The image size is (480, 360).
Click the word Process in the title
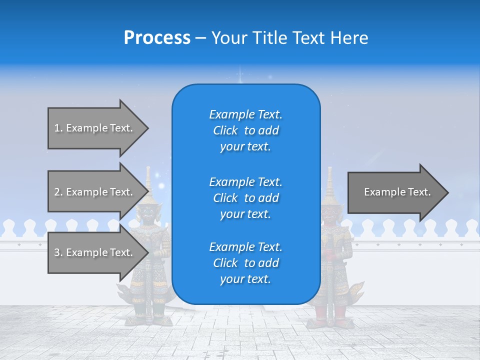point(157,38)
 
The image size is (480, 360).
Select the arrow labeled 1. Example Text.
point(95,128)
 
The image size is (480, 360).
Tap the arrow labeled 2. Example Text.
point(95,192)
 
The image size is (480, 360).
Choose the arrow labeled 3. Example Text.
point(95,252)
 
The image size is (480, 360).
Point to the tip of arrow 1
point(147,128)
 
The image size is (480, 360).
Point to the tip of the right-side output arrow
point(447,192)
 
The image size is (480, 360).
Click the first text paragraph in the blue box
point(245,130)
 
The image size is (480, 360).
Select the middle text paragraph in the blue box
point(245,198)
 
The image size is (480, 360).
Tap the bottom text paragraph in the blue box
point(245,263)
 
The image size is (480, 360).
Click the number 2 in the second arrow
point(57,192)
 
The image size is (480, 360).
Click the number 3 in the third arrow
point(57,252)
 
